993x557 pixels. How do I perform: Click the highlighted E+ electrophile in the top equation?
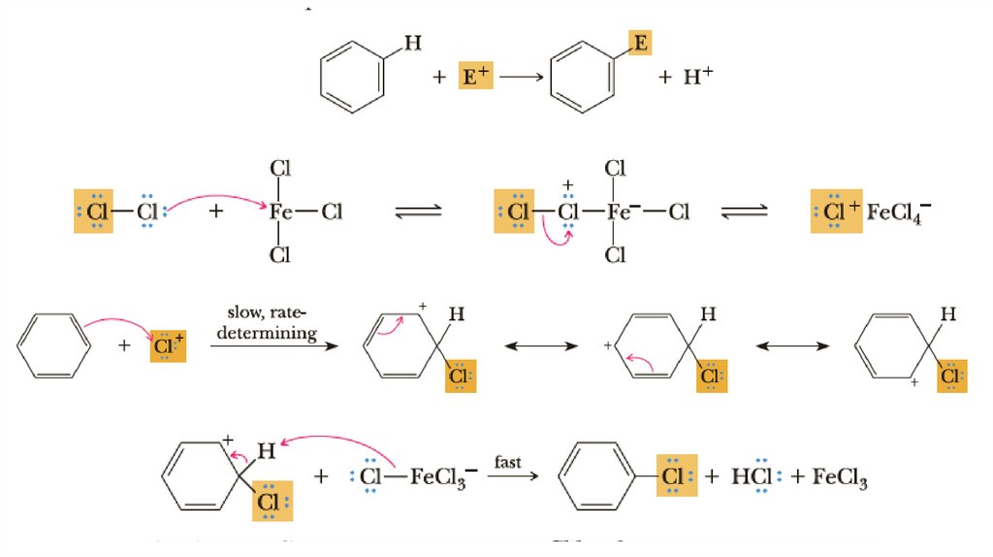pyautogui.click(x=474, y=77)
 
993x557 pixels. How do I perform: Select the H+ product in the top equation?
pyautogui.click(x=697, y=77)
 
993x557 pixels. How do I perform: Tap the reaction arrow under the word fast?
pyautogui.click(x=508, y=477)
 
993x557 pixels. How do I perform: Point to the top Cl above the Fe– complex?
pyautogui.click(x=615, y=168)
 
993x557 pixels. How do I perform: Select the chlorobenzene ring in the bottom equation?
pyautogui.click(x=600, y=477)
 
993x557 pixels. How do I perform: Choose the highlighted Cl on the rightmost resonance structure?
pyautogui.click(x=952, y=375)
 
